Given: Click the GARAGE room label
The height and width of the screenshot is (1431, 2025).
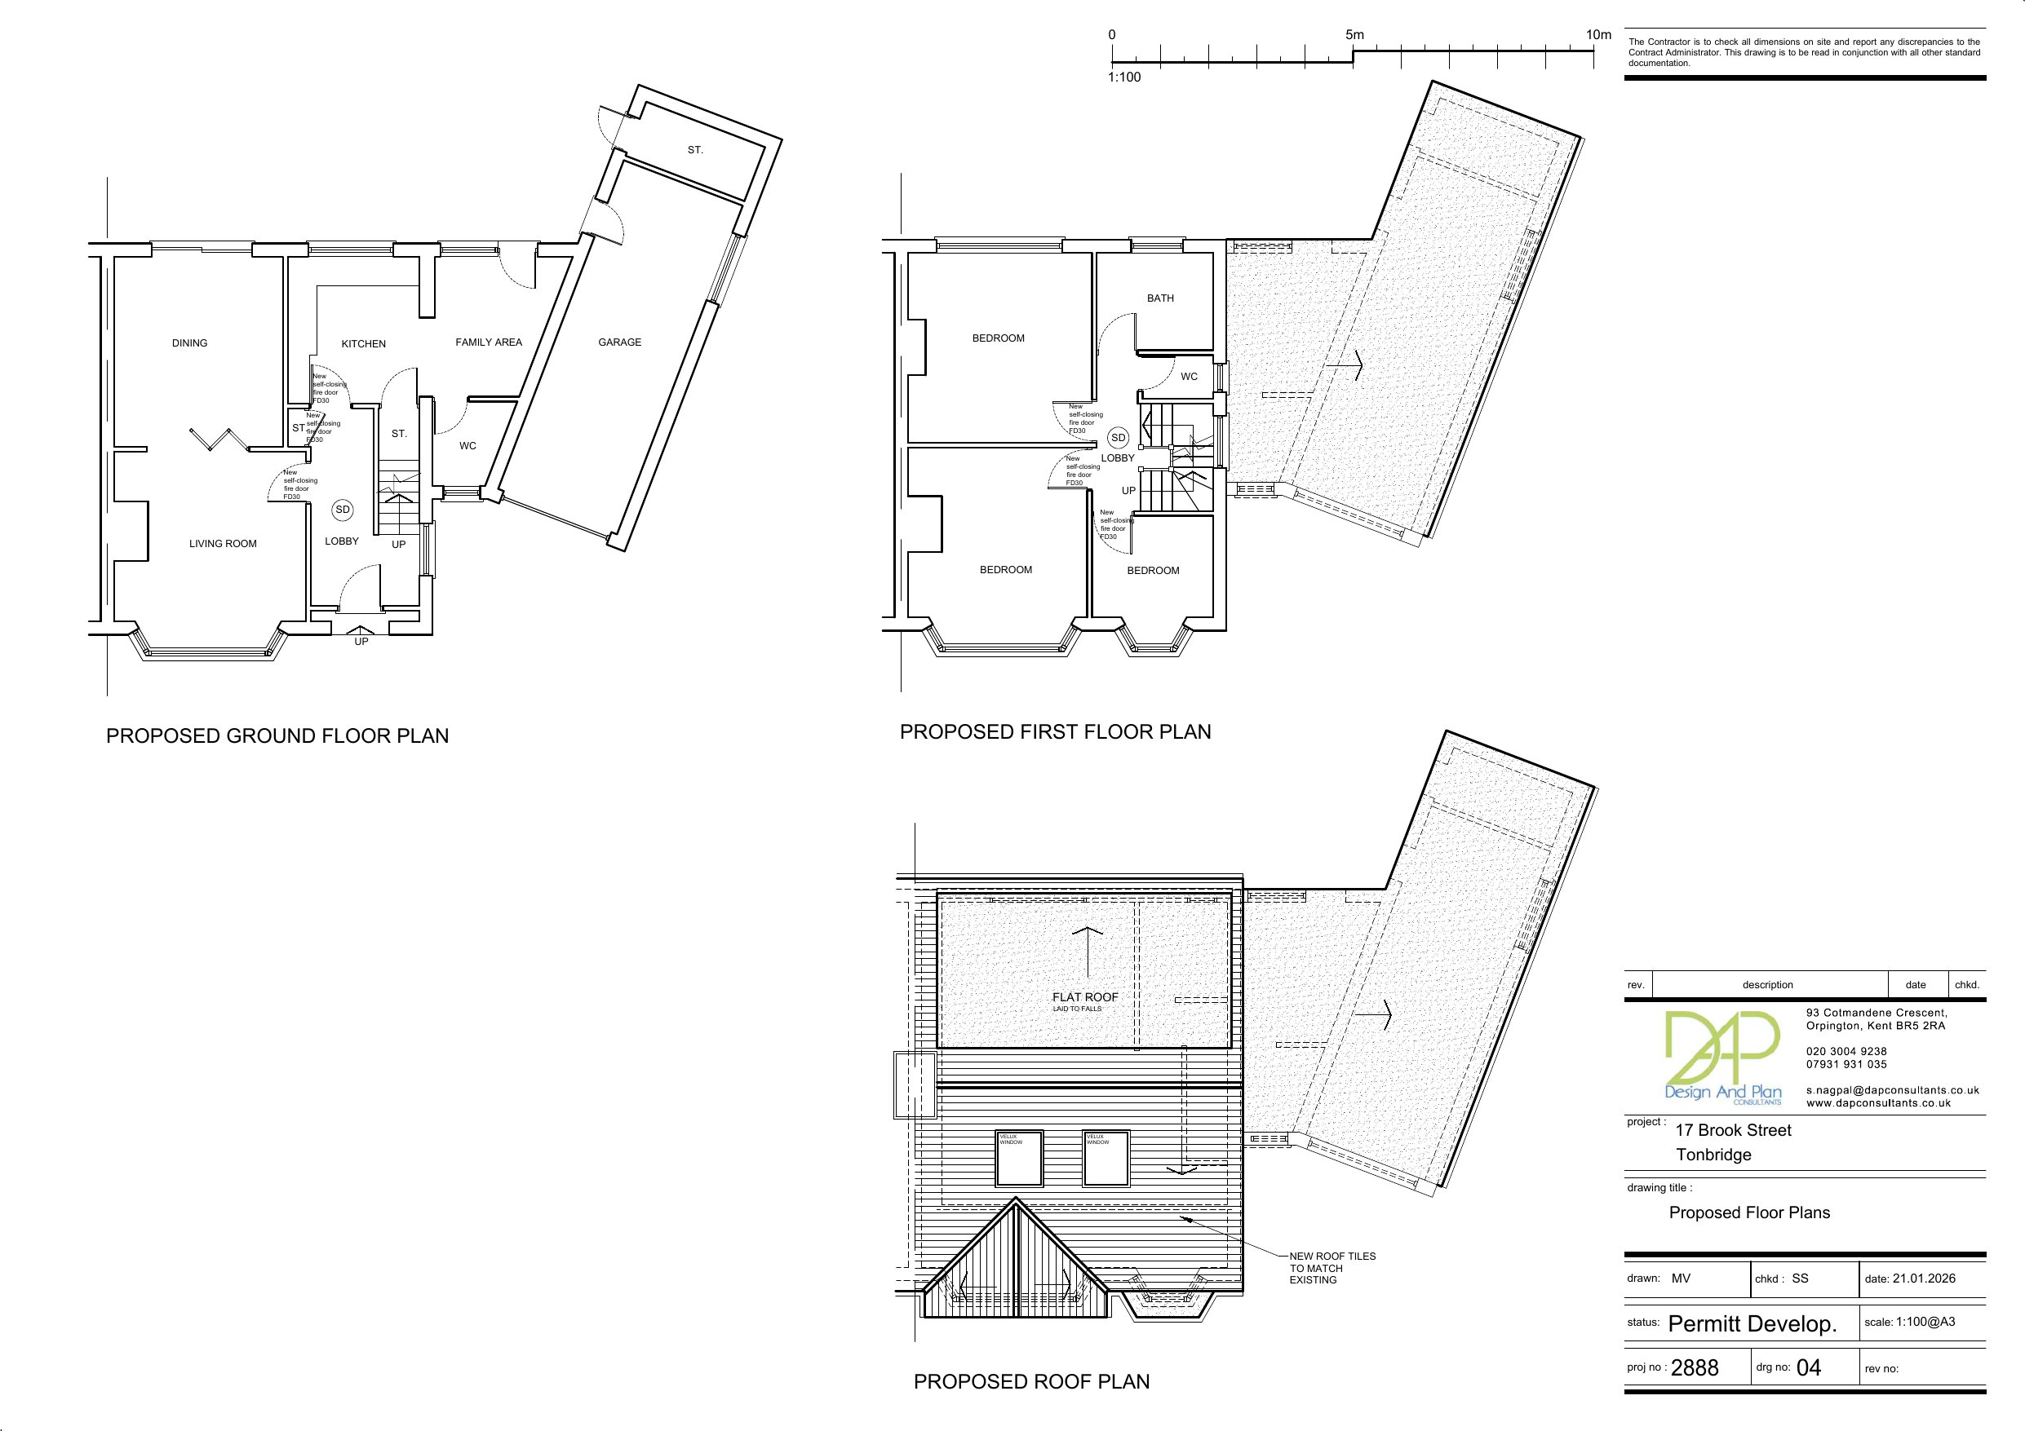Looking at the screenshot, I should tap(619, 342).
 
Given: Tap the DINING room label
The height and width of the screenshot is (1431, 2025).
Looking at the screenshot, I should tap(189, 343).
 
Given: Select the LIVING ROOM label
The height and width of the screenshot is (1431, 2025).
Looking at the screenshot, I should tap(222, 544).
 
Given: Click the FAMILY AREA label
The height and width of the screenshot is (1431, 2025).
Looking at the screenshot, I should tap(489, 342).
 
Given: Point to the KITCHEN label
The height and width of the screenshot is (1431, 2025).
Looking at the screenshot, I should tap(363, 344).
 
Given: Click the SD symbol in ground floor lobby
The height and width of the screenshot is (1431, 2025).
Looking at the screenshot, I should tap(342, 510).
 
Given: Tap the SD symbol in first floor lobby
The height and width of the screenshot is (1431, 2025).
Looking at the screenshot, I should tap(1118, 438).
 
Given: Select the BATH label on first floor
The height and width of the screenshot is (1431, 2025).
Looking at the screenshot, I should tap(1160, 298).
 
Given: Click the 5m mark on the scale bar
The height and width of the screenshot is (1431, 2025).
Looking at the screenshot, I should tap(1354, 35).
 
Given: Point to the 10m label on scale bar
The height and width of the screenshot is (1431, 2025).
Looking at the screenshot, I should tap(1598, 35).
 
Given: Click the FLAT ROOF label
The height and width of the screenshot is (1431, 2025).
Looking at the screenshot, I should tap(1085, 997).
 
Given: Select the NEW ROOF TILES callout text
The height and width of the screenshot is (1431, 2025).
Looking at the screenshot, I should tap(1332, 1268).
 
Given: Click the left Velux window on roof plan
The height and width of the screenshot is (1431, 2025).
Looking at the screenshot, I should tap(1020, 1159).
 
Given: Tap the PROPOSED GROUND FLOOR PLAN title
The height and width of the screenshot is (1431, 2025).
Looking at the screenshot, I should tap(277, 735).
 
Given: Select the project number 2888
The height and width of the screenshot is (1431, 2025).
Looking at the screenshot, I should tap(1695, 1367).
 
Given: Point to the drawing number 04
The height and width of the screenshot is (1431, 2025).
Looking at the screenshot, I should tap(1808, 1367).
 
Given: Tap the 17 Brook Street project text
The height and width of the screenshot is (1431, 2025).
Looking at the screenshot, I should tap(1733, 1130).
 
